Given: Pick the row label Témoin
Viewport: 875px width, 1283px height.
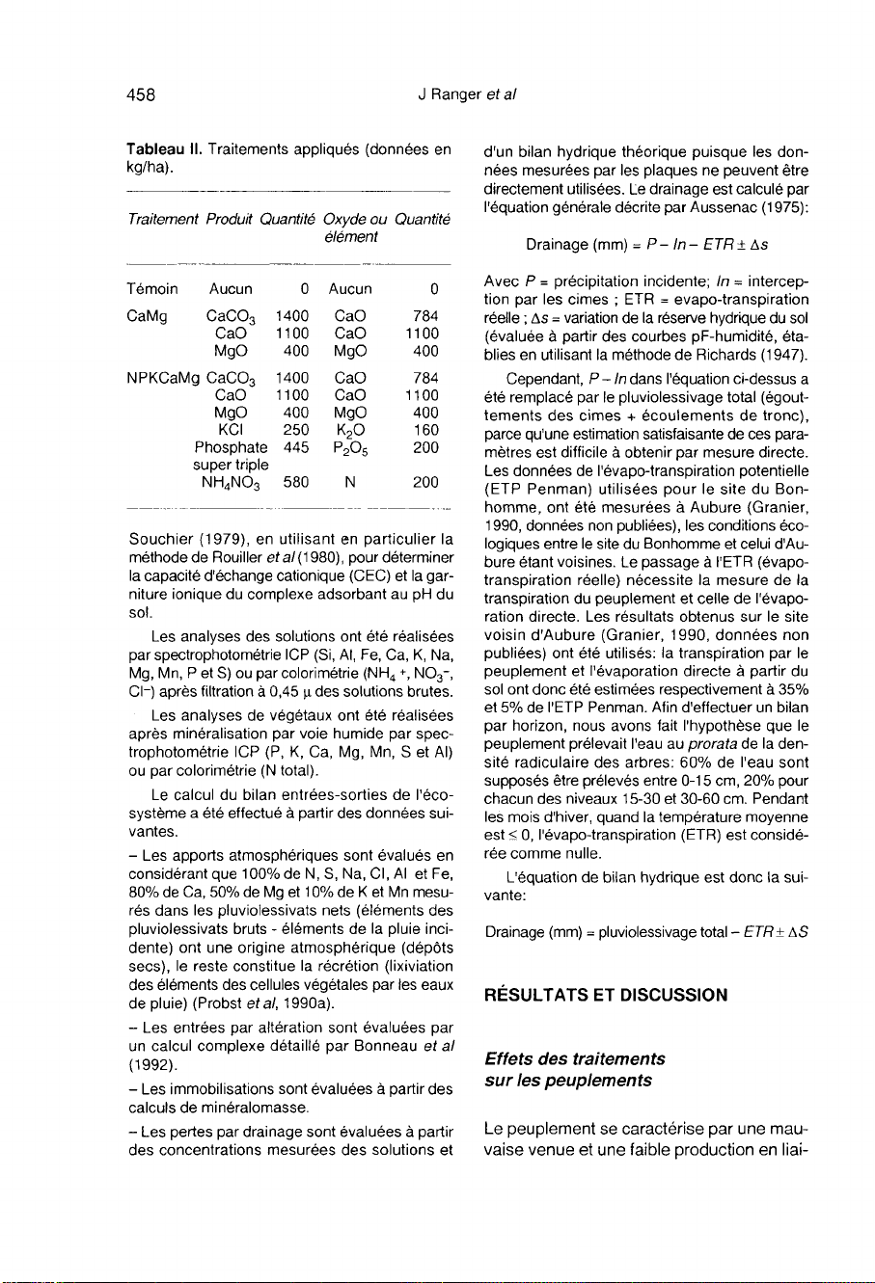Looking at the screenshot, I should (x=152, y=287).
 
